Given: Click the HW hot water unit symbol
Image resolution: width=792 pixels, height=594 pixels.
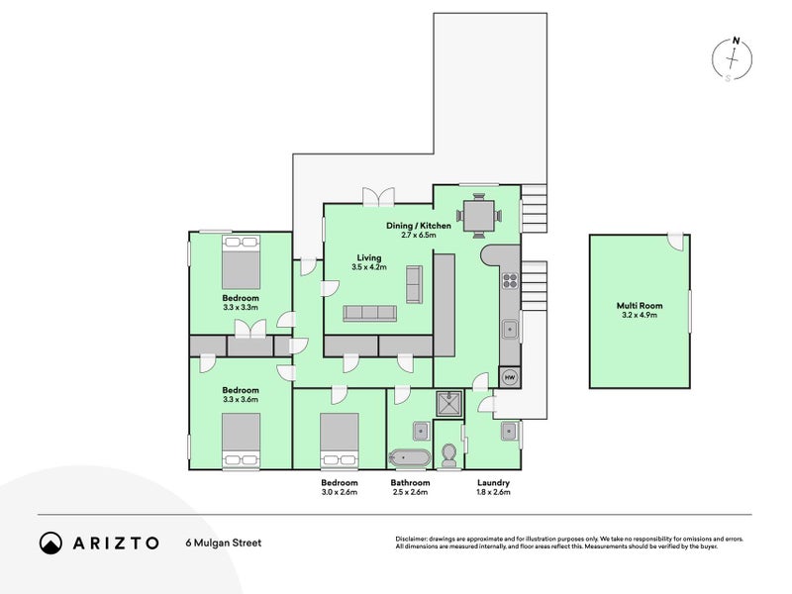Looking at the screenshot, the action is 510,377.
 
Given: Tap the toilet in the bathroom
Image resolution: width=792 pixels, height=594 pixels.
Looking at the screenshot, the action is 448,455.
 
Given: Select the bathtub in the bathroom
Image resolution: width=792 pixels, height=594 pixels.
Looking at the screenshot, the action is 410,458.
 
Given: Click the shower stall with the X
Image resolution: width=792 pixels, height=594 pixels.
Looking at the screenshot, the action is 449,404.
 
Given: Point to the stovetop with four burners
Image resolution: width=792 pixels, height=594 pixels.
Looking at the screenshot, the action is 510,280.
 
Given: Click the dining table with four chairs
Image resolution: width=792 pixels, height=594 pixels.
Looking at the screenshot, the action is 478,216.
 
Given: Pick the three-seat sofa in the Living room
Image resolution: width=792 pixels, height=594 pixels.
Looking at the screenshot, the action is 369,313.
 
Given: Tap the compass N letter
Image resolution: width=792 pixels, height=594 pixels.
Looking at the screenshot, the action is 737,41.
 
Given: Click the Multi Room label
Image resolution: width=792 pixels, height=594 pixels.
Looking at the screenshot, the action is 640,306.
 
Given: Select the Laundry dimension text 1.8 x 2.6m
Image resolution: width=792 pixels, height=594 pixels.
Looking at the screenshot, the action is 493,492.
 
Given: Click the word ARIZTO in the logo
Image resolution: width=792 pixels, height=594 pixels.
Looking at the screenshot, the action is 116,543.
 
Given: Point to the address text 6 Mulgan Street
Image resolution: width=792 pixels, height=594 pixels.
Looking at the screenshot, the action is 224,543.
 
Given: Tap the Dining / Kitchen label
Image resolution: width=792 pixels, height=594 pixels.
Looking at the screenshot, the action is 419,226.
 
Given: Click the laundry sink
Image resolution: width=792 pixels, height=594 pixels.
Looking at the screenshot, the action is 509,432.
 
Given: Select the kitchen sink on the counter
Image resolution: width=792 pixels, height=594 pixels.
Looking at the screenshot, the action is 510,330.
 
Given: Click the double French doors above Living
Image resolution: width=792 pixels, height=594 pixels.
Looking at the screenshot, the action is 378,196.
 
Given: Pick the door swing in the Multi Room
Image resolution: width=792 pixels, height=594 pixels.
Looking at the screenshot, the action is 675,241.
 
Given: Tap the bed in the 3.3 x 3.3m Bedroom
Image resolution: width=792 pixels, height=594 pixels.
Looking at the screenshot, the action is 241,261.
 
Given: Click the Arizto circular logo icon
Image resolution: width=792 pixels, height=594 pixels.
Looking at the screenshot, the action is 51,543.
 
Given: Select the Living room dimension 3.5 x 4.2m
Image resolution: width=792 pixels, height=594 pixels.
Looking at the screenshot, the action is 369,267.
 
